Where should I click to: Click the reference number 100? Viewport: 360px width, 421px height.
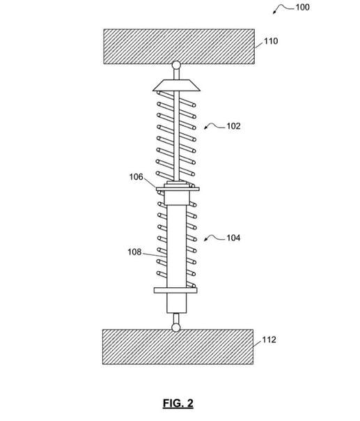(303, 7)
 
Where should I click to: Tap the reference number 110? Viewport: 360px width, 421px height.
(271, 41)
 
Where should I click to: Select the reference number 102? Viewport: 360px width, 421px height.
(233, 126)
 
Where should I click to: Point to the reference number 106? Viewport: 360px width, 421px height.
(136, 177)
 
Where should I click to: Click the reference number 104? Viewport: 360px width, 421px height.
(233, 238)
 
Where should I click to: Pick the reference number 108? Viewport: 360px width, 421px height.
(134, 252)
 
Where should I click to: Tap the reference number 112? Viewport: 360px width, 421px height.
(269, 340)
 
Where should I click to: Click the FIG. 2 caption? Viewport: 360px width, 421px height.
(178, 403)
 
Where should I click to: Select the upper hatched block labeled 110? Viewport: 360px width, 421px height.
(179, 47)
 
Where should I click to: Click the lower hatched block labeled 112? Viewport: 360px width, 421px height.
(178, 347)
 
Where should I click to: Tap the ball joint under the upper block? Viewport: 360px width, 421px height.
(176, 66)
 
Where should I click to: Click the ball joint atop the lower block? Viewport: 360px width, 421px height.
(176, 328)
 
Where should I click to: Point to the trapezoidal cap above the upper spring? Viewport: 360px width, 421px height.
(176, 85)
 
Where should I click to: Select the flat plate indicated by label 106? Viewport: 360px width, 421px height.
(178, 189)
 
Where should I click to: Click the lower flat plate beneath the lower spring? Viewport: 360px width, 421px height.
(175, 290)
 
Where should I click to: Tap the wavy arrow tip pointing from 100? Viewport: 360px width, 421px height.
(274, 13)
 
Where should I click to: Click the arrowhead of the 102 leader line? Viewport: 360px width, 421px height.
(205, 128)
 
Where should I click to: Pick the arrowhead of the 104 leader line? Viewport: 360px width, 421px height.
(205, 240)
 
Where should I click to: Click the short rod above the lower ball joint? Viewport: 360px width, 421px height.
(176, 319)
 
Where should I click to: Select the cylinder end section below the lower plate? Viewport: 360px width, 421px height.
(176, 303)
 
